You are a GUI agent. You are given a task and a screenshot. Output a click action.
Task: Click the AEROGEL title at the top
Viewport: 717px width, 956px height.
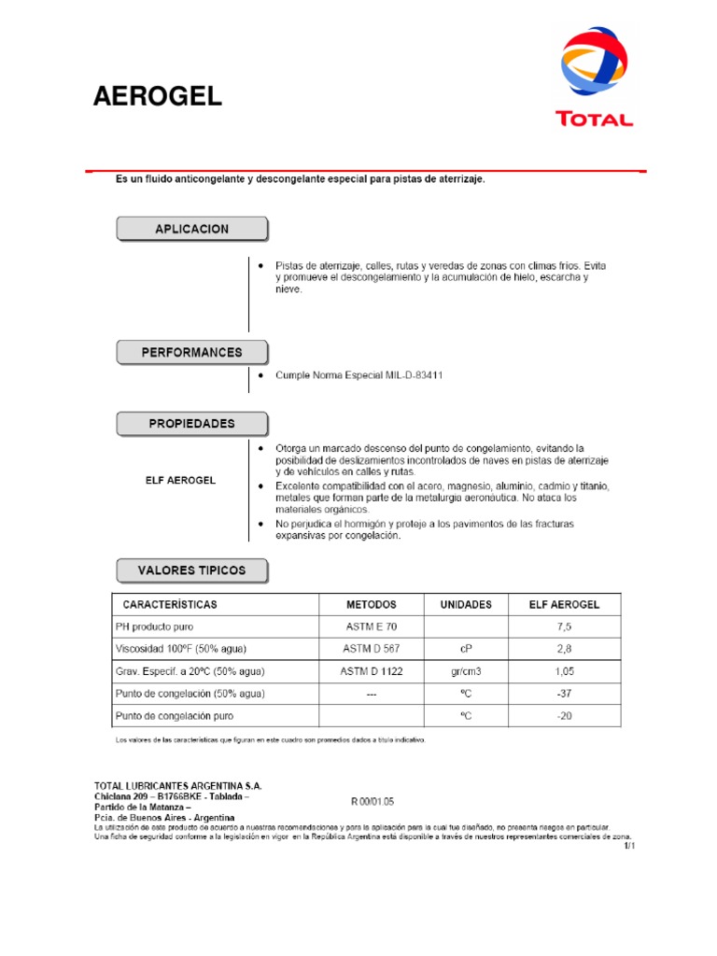pos(158,96)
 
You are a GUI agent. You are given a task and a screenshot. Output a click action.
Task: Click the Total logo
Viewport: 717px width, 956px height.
pos(595,78)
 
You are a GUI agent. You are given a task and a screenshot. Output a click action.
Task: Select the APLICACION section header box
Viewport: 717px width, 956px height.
pos(191,229)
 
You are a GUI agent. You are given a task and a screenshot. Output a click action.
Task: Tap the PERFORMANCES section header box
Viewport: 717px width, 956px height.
pos(191,353)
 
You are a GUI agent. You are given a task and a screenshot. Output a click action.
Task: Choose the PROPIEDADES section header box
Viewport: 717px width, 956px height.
pos(191,424)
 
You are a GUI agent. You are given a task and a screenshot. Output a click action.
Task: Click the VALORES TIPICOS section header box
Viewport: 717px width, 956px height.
pos(191,570)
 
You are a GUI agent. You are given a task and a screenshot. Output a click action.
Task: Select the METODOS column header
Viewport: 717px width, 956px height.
pos(371,604)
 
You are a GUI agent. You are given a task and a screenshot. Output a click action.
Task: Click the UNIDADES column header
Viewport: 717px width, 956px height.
pos(465,604)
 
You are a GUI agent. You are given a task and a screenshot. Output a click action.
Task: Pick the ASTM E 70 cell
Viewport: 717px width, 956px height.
pos(371,626)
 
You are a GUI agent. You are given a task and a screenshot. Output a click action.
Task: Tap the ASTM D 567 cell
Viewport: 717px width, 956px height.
pos(371,649)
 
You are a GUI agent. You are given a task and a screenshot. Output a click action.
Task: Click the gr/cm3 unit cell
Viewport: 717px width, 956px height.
pos(465,671)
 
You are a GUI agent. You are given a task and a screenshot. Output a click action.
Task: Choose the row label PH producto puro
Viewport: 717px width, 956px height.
pos(155,626)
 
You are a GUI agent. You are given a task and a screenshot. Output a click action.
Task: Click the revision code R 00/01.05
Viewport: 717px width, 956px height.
pos(373,801)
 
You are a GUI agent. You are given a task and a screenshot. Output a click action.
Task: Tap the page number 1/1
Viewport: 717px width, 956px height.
pos(628,846)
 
